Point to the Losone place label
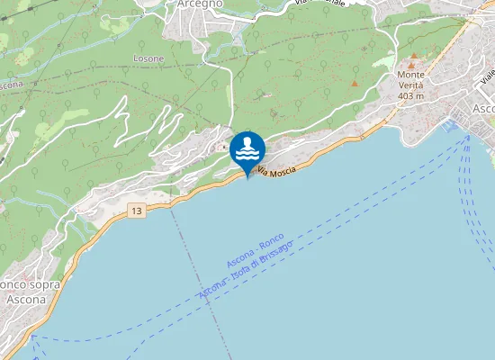[148, 58]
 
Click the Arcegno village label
[199, 4]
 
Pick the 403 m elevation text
[410, 95]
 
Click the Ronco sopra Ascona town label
[31, 291]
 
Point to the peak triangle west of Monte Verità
[355, 84]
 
